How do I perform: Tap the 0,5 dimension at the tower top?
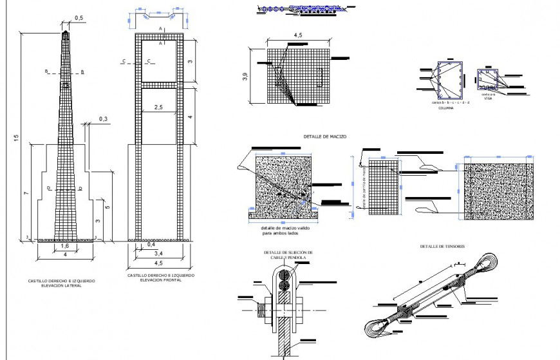[x=79, y=19]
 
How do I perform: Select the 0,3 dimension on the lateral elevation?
[x=104, y=118]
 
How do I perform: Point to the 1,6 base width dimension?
[x=64, y=246]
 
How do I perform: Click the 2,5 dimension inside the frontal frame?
[x=158, y=107]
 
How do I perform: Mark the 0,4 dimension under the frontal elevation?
[x=151, y=245]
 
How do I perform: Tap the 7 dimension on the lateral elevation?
[x=24, y=193]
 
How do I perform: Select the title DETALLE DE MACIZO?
[x=325, y=137]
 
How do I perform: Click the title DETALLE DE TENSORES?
[x=443, y=247]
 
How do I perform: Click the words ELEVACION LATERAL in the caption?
[x=62, y=285]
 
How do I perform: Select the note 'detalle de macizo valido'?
[x=282, y=229]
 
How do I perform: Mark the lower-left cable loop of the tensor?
[x=377, y=328]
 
